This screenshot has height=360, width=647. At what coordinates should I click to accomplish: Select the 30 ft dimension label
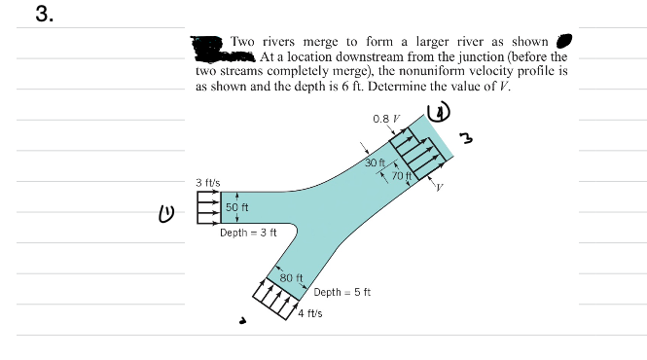tap(377, 162)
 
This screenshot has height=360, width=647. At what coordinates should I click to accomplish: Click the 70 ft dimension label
tap(403, 175)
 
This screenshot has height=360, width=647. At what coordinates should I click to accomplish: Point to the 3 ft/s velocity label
tap(208, 182)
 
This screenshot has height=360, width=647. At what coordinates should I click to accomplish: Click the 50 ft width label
tap(236, 207)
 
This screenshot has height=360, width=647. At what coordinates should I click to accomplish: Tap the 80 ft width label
tap(292, 278)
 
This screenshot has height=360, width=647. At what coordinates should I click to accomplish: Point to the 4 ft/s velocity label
tap(311, 313)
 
